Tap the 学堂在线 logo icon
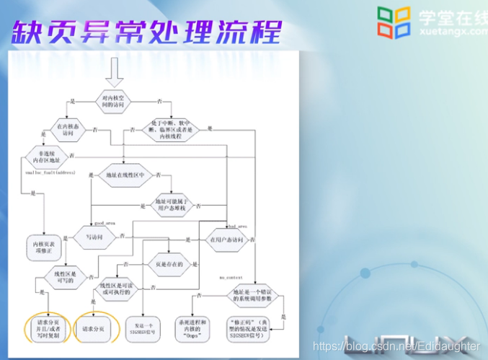point(394,22)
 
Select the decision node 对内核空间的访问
point(115,100)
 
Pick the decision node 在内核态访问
point(68,129)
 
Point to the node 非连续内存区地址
point(45,157)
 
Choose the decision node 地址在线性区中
point(125,175)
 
